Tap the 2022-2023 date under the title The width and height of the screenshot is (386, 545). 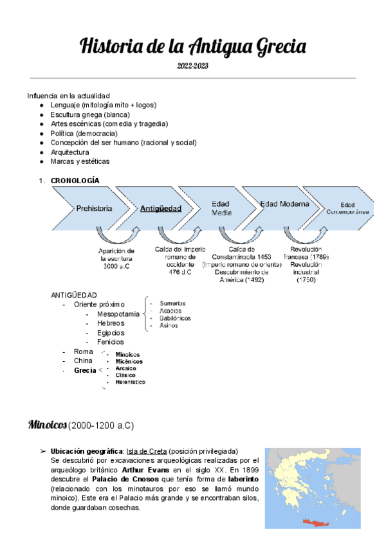193,66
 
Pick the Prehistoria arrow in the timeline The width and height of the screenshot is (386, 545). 94,208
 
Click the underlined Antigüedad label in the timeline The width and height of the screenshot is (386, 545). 161,208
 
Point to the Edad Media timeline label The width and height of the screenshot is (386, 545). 221,208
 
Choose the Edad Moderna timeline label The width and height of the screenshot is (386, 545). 284,204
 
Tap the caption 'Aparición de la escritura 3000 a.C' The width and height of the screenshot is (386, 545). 116,258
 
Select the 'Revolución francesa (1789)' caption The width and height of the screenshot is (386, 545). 306,253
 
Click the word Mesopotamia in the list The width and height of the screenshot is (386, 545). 118,314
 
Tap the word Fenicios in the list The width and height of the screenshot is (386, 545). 110,342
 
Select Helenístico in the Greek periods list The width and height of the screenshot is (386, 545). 130,382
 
